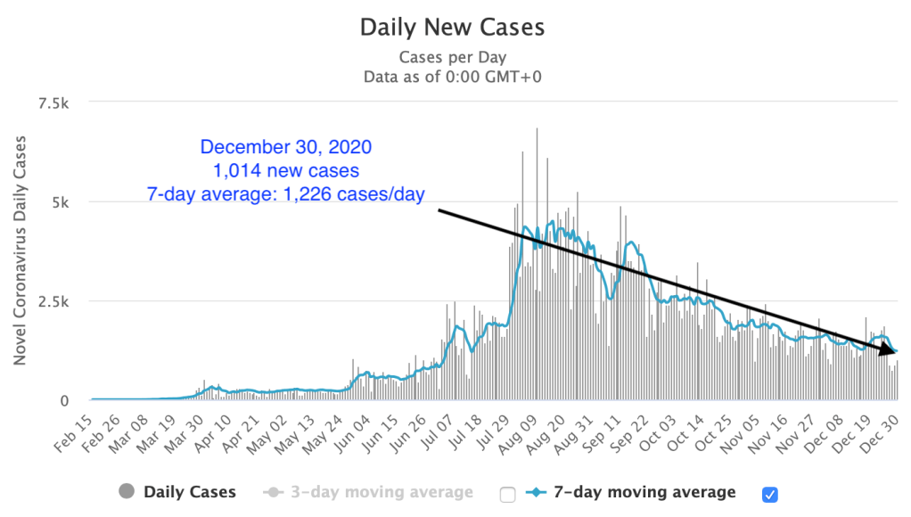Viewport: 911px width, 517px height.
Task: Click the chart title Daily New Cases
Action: (452, 27)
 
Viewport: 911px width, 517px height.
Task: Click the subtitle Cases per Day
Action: (452, 57)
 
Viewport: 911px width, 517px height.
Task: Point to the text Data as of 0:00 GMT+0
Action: (452, 77)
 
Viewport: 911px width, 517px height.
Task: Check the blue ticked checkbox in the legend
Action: (770, 493)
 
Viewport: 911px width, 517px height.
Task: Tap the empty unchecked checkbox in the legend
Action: (508, 493)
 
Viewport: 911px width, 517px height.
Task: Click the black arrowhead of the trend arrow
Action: (891, 351)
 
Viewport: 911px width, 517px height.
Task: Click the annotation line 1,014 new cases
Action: (286, 169)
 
